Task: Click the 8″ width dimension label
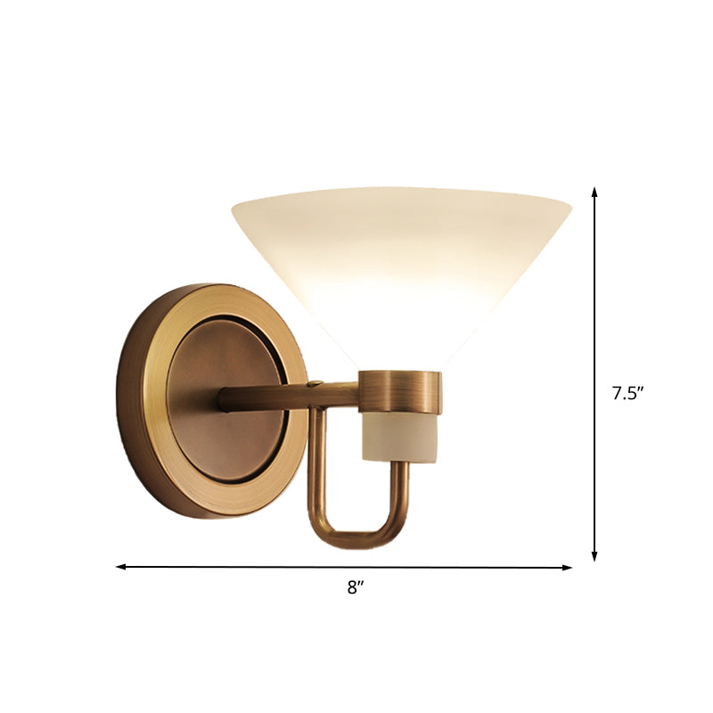tap(356, 586)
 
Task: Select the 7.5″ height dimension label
tap(627, 393)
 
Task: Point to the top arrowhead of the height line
tap(594, 192)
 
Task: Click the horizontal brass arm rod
tap(276, 395)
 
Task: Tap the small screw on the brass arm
tap(313, 386)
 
